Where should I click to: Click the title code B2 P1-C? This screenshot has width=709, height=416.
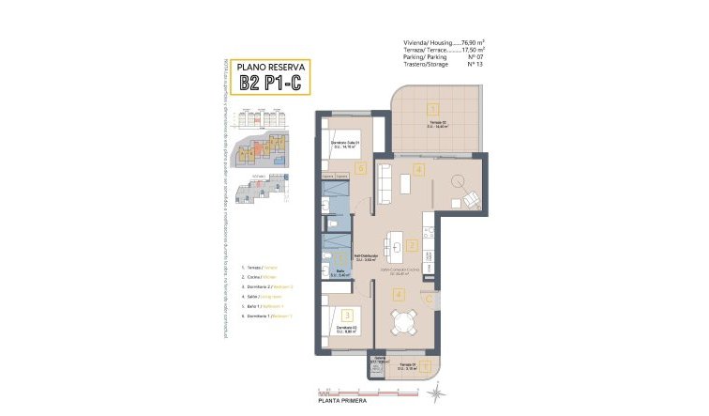(270, 84)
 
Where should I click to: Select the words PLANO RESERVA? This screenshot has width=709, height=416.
(270, 66)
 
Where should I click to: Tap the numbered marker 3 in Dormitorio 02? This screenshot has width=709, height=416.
(347, 316)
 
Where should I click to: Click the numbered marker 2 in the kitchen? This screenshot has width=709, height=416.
(413, 246)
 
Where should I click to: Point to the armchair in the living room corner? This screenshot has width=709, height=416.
(469, 198)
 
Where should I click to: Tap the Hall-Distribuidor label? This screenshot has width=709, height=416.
(365, 255)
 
